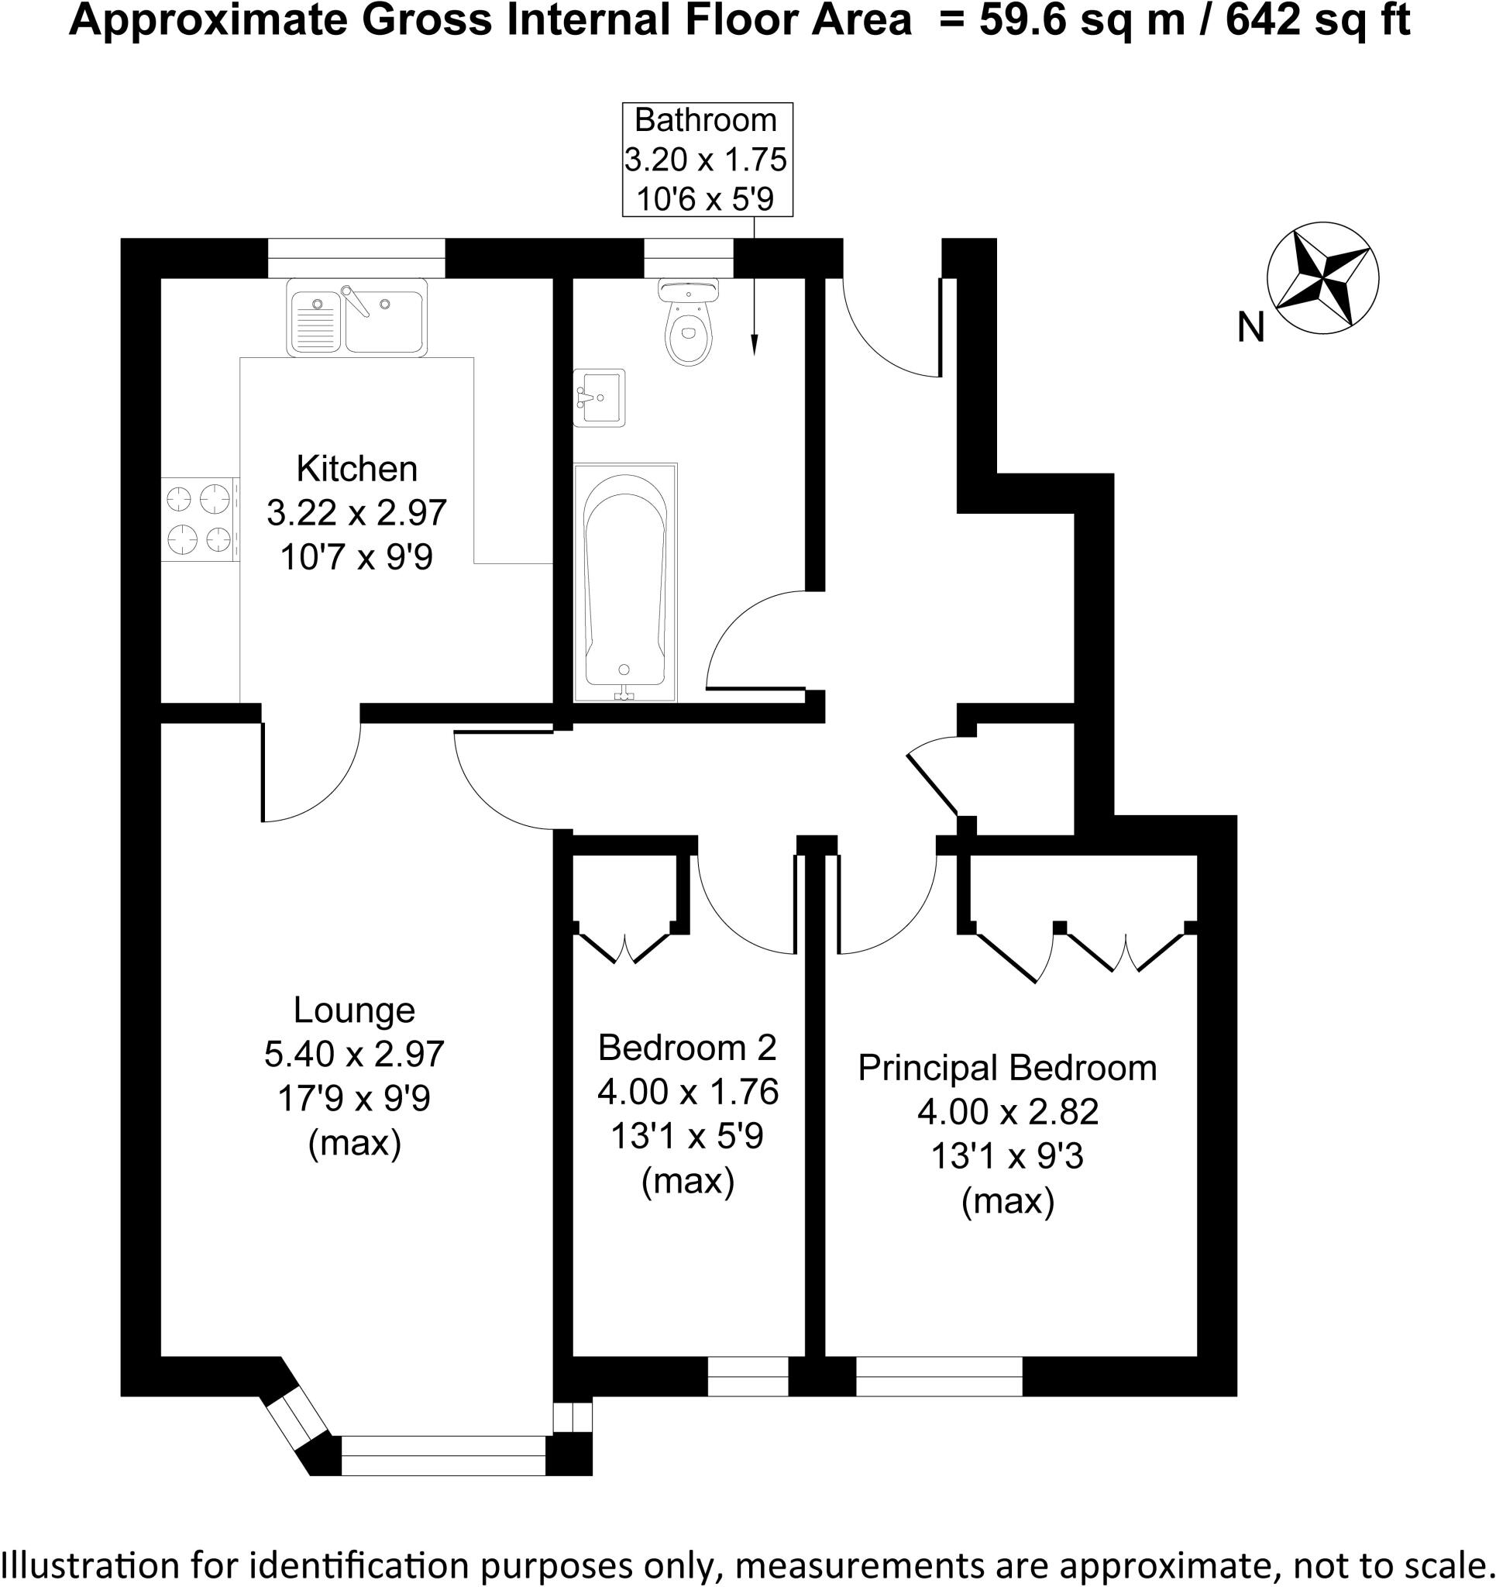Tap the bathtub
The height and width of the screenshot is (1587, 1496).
click(x=625, y=581)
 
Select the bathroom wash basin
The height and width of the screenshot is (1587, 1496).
click(x=600, y=398)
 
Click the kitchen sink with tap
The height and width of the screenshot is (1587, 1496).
click(x=357, y=317)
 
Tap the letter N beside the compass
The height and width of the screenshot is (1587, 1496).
click(x=1250, y=327)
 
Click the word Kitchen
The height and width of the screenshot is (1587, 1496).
click(x=356, y=469)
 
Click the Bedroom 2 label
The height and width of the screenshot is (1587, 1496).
click(x=686, y=1048)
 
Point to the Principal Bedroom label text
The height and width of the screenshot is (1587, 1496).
click(x=1006, y=1068)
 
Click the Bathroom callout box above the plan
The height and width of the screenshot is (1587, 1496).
click(x=707, y=159)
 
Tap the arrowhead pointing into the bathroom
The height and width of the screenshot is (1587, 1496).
click(x=754, y=344)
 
